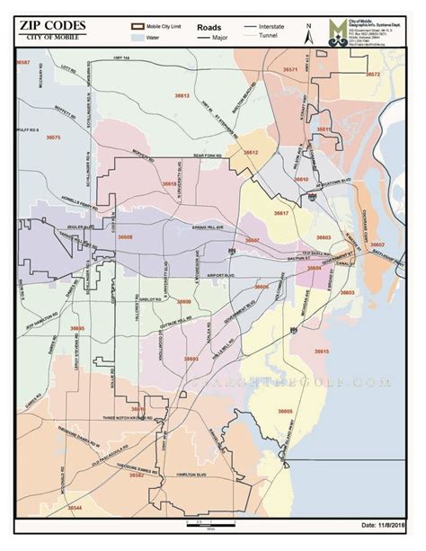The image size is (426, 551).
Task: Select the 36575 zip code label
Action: (x=53, y=138)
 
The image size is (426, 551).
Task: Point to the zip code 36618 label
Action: (x=169, y=183)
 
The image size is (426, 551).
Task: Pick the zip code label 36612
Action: (x=251, y=154)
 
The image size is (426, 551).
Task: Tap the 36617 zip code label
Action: (x=281, y=213)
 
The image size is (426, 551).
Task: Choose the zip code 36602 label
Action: (x=378, y=244)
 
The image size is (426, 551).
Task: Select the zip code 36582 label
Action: (x=137, y=475)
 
